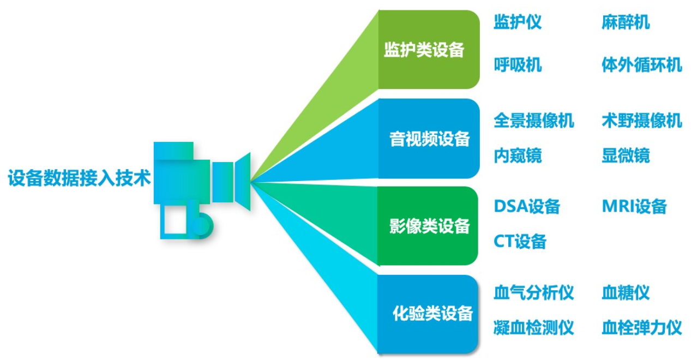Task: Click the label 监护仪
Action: (518, 22)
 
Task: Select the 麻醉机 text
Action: (626, 22)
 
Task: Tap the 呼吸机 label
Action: (518, 65)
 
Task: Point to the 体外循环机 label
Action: (641, 65)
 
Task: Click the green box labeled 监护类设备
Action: (429, 50)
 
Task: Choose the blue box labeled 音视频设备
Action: (429, 139)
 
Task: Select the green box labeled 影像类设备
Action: (428, 226)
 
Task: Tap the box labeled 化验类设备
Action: (428, 314)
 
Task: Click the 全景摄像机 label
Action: (534, 121)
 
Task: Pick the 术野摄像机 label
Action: (641, 121)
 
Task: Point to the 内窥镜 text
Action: (518, 155)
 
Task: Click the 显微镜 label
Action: (626, 155)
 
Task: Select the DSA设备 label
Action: (527, 206)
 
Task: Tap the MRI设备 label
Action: (634, 206)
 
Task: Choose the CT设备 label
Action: (520, 241)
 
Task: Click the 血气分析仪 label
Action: (534, 292)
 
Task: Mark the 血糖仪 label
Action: (626, 292)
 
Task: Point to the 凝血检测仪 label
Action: (534, 327)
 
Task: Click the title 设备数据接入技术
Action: (79, 178)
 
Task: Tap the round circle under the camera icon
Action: (202, 226)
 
